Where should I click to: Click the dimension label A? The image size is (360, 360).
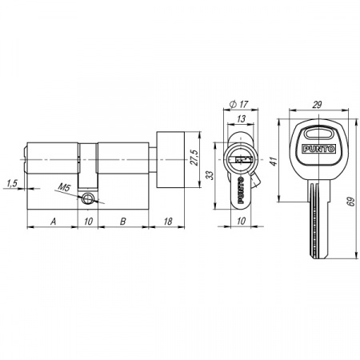coord(54,221)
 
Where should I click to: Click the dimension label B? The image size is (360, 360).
coord(122,221)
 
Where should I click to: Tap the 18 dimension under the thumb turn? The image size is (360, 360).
coord(168,221)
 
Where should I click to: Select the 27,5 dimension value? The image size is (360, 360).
coord(195,158)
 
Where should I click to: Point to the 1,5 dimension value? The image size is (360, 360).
coord(12,183)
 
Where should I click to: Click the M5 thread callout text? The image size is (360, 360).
coord(64,187)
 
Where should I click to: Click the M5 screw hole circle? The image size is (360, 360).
coord(87,198)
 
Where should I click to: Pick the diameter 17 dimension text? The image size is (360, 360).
coord(239,104)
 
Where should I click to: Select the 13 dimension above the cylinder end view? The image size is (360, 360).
coord(241,118)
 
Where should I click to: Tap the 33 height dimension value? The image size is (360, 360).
coord(210,175)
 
